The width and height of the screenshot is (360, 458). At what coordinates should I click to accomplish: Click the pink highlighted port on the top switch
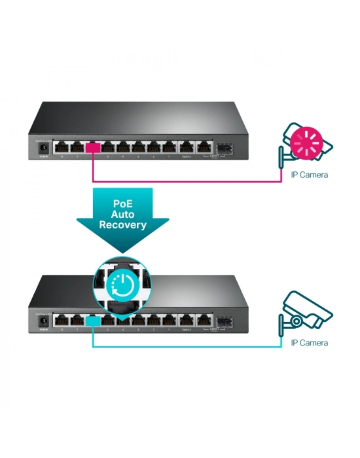(93, 148)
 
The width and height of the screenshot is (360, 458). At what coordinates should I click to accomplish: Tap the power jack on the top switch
(43, 149)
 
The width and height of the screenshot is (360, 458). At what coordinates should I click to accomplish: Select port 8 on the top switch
(62, 148)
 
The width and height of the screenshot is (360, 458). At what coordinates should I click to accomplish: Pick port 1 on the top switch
(170, 148)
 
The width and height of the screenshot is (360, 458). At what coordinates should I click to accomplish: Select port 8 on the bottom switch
(62, 320)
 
